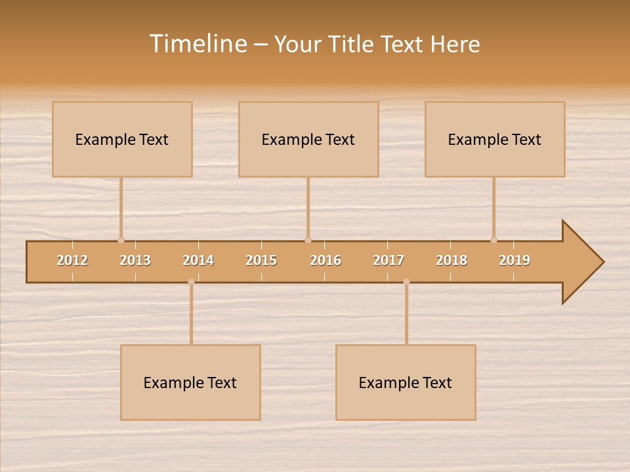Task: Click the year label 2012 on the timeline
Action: coord(72,260)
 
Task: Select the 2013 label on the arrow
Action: coord(135,260)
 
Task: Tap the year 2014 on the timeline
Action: coord(198,260)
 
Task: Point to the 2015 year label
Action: coord(261,260)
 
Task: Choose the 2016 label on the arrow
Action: coord(325,260)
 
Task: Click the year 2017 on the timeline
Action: coord(388,260)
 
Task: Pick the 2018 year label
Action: coord(451,260)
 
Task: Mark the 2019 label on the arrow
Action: coord(514,260)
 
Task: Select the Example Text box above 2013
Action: coord(122,140)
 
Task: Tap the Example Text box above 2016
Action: coord(308,140)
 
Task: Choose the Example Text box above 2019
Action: coord(495,140)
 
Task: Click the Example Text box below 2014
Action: coord(190,383)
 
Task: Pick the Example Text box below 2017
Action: coord(406,383)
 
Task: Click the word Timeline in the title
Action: coord(198,44)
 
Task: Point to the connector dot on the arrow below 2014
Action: coord(191,282)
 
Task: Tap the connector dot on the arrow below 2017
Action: coord(406,282)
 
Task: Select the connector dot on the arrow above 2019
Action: coord(493,240)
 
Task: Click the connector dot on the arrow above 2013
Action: coord(121,240)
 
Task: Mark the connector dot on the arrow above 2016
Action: coord(308,240)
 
